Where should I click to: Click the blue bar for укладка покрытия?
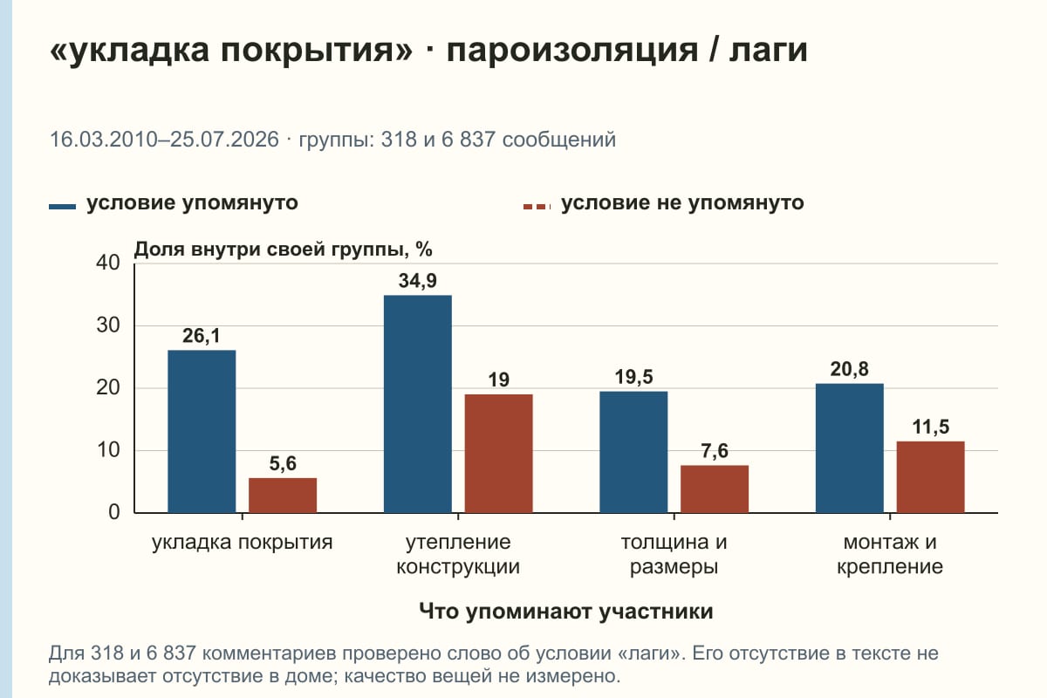coord(202,431)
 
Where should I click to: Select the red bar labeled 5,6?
coord(283,495)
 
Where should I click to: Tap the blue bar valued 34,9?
coord(417,404)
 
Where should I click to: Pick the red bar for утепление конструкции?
coord(498,454)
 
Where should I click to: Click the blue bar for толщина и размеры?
coord(633,452)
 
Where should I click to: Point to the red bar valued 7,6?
coord(715,489)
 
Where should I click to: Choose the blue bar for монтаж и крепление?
coord(849,448)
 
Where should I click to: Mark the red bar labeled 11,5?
coord(930,477)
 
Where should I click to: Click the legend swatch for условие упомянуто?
coord(62,207)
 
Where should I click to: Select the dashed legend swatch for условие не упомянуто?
coord(537,207)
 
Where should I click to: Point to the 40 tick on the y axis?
coord(108,263)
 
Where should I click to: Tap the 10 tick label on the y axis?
coord(108,450)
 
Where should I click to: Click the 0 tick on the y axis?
coord(114,512)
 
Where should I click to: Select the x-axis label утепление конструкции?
coord(458,554)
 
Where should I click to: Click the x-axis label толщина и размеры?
coord(674,554)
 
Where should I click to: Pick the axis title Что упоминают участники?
coord(566,611)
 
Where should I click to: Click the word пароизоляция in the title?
coord(572,50)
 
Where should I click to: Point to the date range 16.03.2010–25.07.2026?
coord(164,140)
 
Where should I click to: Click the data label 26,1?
coord(201,336)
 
